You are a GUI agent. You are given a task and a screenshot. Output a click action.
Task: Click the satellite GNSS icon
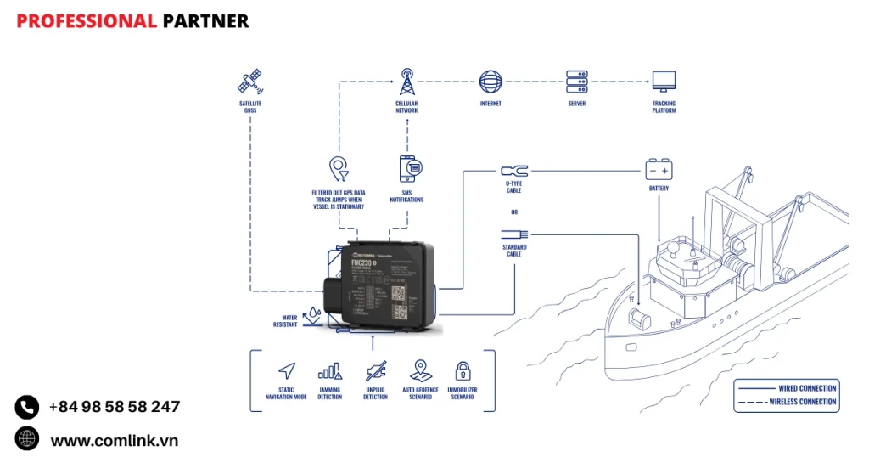pos(249,82)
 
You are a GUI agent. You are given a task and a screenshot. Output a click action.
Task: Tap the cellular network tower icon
pos(406,82)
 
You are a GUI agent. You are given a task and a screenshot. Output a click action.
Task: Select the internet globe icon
pos(491,82)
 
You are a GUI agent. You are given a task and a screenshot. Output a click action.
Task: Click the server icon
pos(577,82)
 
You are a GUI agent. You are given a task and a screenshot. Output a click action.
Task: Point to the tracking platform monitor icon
pos(664,82)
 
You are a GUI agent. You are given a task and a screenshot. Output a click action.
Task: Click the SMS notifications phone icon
pos(409,167)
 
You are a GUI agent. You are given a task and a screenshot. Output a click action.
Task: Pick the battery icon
pos(659,168)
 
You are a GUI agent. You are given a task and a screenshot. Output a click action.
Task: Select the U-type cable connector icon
pos(514,172)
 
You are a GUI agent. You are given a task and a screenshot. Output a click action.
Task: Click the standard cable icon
pos(514,234)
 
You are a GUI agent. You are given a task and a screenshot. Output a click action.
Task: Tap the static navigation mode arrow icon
pos(287,370)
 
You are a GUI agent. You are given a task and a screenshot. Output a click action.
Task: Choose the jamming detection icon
pos(329,370)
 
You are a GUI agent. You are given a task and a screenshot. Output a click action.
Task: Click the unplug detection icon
pos(375,370)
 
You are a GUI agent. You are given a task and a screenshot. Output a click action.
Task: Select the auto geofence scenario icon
pos(420,370)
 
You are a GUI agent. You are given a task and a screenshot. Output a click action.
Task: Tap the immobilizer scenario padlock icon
pos(463,370)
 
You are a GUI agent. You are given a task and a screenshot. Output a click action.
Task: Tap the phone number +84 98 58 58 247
pos(114,407)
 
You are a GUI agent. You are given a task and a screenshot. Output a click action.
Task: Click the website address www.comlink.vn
pos(114,440)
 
